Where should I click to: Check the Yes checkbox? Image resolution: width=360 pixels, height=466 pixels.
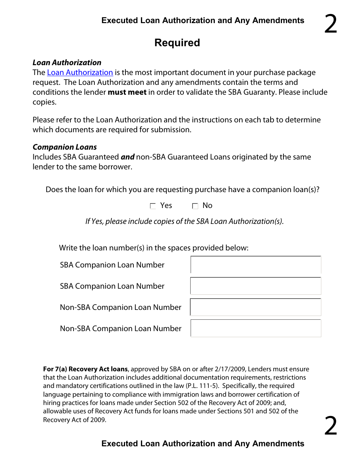(153, 206)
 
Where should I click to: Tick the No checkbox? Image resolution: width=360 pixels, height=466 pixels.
(195, 206)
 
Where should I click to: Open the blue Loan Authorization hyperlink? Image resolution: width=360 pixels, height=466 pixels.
(80, 72)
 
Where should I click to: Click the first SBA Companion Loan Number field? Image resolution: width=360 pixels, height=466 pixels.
(255, 265)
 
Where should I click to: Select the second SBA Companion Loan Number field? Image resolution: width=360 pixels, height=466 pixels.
(255, 286)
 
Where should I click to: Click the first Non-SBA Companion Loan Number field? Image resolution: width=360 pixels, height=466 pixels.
(255, 307)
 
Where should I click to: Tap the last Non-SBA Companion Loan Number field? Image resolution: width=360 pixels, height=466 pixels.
(255, 328)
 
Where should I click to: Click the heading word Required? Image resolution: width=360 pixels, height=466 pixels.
(177, 43)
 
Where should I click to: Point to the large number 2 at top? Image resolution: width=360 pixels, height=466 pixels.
(330, 25)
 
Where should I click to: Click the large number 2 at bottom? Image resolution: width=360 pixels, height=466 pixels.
(330, 426)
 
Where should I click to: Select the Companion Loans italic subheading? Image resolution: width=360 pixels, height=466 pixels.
(65, 147)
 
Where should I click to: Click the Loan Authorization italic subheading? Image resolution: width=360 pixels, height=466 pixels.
(67, 63)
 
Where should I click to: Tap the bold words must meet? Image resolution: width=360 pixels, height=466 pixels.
(127, 92)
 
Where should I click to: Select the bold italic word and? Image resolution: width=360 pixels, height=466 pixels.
(127, 157)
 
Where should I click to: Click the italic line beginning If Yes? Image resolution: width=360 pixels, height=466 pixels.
(184, 221)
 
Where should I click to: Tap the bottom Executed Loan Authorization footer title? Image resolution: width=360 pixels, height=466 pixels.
(203, 444)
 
